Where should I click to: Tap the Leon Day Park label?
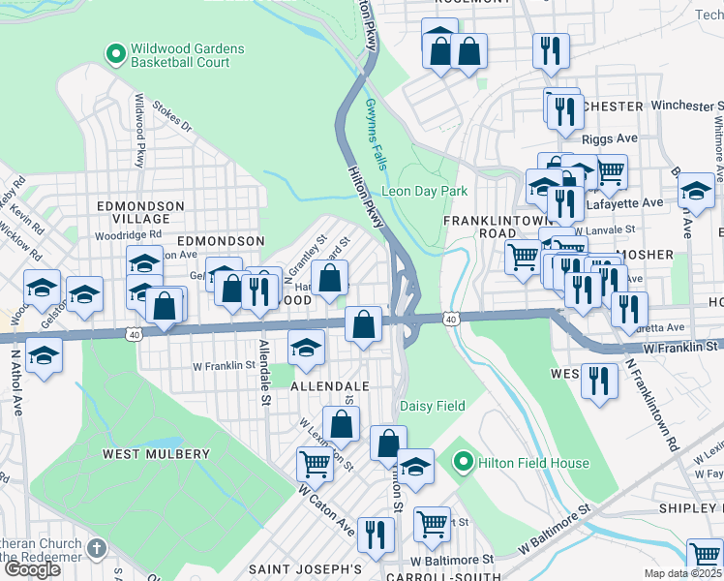(424, 191)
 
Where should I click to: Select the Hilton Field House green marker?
(464, 463)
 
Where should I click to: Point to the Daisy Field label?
(433, 407)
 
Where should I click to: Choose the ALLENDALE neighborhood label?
(330, 385)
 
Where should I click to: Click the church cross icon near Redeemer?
(96, 549)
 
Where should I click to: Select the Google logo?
(31, 568)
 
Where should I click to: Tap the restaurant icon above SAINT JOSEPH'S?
(375, 534)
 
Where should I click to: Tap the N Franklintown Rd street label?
(652, 407)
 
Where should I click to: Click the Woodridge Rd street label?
(128, 235)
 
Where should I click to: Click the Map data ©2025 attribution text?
(682, 573)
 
